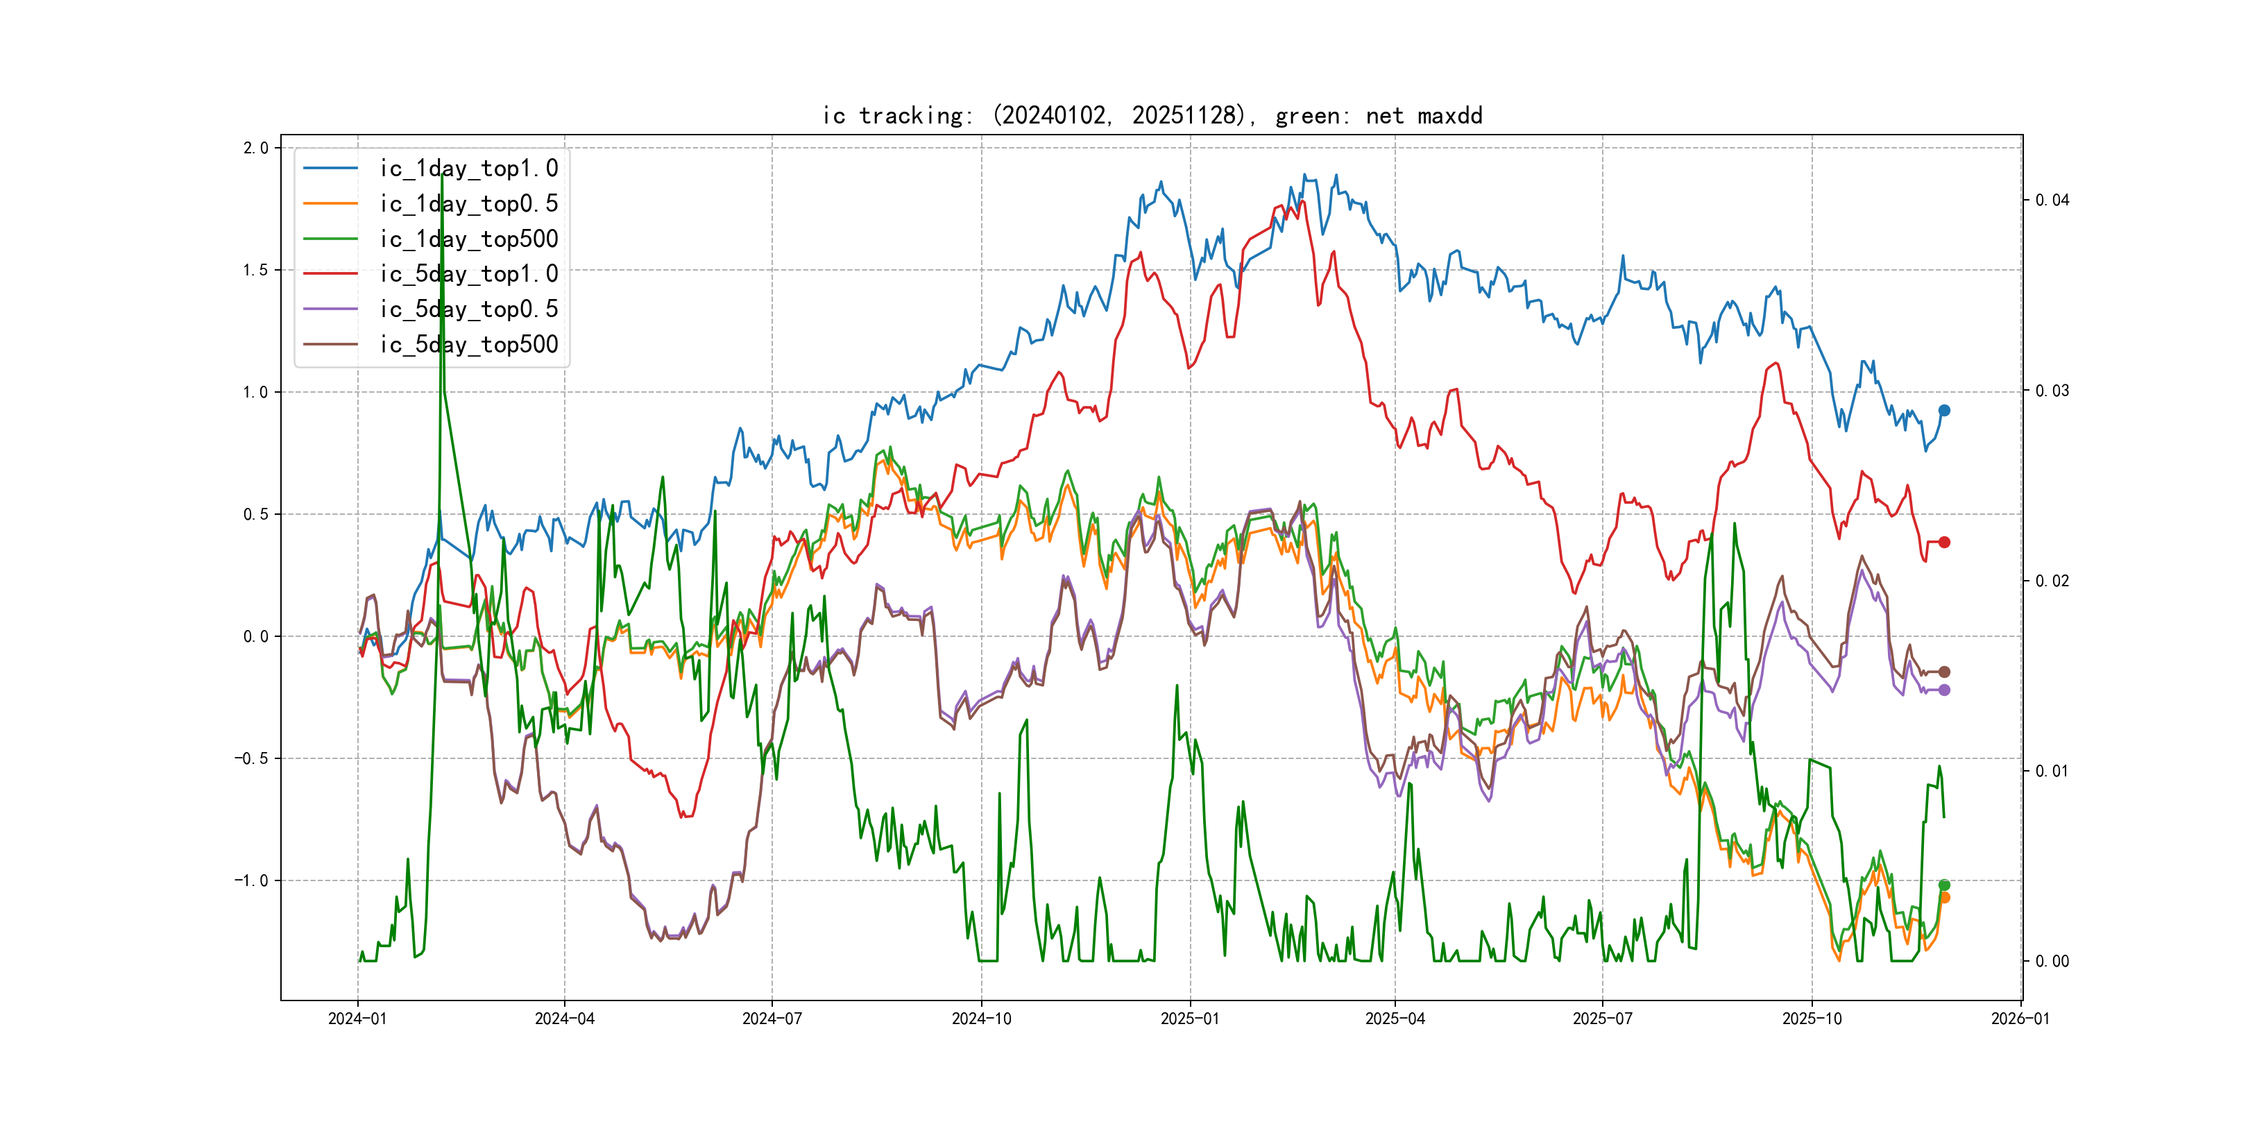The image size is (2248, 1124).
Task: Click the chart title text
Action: click(1152, 115)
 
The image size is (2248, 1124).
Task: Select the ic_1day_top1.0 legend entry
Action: click(468, 169)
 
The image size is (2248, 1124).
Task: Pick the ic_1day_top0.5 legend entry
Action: click(468, 203)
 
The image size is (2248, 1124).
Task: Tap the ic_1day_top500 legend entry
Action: click(468, 239)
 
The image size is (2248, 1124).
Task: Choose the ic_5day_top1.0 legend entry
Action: click(468, 274)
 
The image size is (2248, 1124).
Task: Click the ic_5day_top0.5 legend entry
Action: click(468, 309)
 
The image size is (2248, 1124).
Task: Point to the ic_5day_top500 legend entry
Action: click(468, 345)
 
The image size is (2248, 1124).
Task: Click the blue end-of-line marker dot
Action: click(1944, 410)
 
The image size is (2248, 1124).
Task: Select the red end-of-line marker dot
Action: click(1944, 542)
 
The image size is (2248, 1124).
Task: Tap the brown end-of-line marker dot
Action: click(1944, 672)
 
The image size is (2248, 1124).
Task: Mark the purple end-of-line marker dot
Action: click(1944, 690)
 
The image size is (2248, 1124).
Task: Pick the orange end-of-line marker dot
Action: click(1944, 898)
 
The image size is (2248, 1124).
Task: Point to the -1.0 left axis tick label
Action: click(251, 880)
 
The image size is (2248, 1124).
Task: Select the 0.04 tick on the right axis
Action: click(2052, 200)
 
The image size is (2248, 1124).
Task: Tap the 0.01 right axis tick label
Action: click(2052, 771)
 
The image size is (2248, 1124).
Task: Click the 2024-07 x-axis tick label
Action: click(772, 1019)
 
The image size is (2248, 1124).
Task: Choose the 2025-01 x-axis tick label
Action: click(1189, 1019)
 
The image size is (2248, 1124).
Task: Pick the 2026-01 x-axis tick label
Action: click(2020, 1019)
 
